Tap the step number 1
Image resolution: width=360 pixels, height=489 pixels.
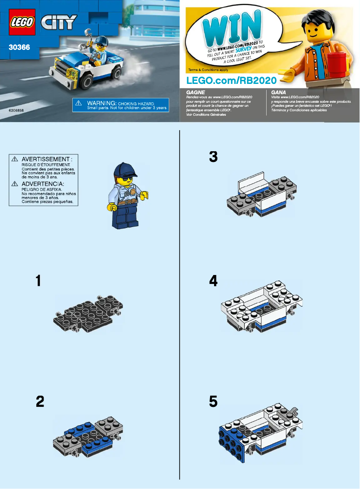pos(39,281)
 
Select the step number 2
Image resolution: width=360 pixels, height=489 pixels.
pos(40,402)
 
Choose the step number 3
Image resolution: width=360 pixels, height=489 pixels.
pos(213,157)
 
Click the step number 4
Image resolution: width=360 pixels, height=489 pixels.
pos(213,281)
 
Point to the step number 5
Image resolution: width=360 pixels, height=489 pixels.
pos(213,402)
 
